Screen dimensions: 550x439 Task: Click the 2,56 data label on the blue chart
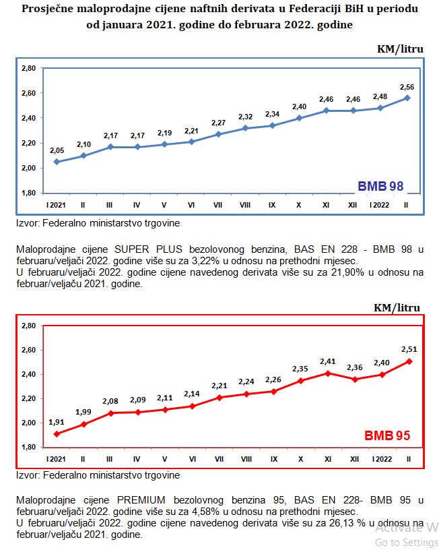tap(406, 87)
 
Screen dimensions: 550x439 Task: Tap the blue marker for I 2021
tap(56, 162)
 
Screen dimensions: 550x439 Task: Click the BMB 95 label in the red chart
tap(387, 435)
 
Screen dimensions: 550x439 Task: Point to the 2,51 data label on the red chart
tap(408, 349)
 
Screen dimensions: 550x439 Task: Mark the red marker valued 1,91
tap(56, 433)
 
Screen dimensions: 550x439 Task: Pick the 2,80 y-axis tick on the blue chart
tap(28, 68)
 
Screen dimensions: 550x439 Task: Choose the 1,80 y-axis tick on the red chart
tap(29, 447)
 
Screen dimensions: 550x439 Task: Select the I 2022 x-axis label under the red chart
tap(380, 458)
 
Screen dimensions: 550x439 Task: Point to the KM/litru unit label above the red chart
tap(399, 307)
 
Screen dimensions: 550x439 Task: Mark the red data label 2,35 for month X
tap(300, 368)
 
